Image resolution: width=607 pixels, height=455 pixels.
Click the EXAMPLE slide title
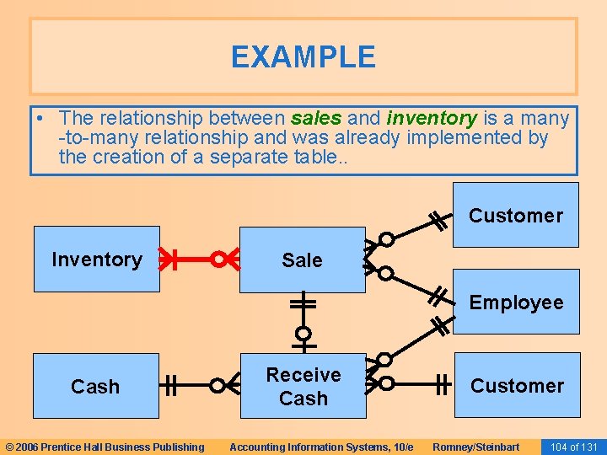(x=303, y=57)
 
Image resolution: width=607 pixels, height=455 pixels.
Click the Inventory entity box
(x=96, y=260)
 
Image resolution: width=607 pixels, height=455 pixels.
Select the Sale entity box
(x=302, y=260)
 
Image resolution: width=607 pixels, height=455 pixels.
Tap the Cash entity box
(x=95, y=387)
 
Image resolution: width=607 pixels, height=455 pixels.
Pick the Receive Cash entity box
(x=303, y=386)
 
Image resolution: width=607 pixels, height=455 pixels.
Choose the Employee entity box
(x=516, y=302)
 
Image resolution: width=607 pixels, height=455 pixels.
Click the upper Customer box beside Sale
(x=515, y=215)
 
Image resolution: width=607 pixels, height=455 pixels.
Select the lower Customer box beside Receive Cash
(x=517, y=386)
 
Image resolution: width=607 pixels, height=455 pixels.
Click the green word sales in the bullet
(x=316, y=119)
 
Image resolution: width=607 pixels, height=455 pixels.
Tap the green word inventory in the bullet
(x=432, y=119)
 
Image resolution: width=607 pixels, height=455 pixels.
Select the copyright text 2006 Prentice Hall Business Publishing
(x=105, y=447)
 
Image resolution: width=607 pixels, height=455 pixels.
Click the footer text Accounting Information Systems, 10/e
(x=321, y=447)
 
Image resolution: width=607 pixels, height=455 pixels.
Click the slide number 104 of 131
(x=573, y=447)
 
